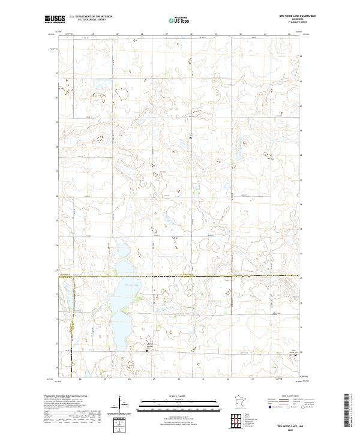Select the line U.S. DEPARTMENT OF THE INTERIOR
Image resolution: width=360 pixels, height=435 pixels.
click(91, 17)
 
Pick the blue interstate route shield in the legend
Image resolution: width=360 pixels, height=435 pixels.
click(262, 406)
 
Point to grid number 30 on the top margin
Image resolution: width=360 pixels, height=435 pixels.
click(191, 34)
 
